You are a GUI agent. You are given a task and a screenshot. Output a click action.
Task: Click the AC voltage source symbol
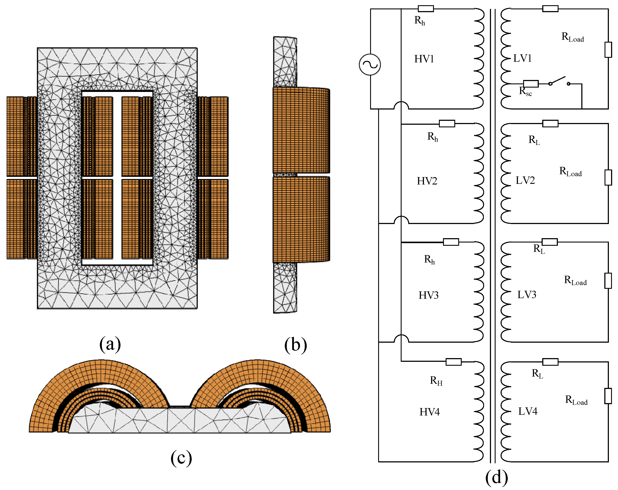pos(370,65)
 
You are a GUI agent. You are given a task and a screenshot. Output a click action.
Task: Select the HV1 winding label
pos(424,59)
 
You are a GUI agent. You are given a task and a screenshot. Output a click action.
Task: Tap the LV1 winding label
pos(522,58)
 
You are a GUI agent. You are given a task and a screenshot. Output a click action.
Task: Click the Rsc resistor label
pos(526,91)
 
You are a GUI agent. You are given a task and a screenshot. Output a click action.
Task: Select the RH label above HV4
pos(436,381)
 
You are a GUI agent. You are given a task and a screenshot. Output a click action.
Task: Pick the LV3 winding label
pos(527,295)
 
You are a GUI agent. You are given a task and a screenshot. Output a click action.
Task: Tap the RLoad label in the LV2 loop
pos(570,172)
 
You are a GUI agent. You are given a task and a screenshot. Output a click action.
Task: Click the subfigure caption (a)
pos(110,344)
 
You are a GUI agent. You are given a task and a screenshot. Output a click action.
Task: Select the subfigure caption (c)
pos(181,458)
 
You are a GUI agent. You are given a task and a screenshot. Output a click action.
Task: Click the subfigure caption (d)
pos(496,477)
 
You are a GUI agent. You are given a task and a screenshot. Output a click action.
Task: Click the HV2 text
pos(427,181)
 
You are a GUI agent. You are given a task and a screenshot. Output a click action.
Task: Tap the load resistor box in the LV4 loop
pos(608,396)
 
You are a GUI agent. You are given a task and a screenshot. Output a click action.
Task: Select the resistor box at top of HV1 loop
pos(426,9)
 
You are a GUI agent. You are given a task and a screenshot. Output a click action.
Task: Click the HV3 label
pos(428,296)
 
